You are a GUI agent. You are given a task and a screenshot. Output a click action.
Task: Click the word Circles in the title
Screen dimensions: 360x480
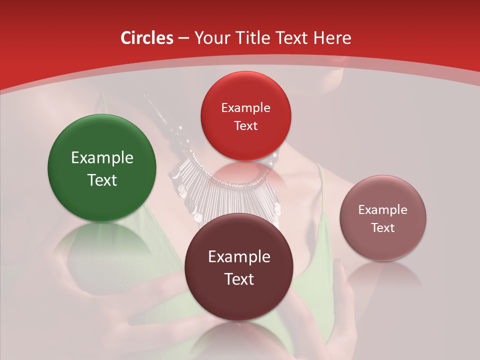[x=147, y=38]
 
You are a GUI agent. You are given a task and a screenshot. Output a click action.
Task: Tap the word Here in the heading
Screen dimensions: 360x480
[x=332, y=38]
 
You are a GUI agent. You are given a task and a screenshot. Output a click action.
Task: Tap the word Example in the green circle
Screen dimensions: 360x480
[x=102, y=158]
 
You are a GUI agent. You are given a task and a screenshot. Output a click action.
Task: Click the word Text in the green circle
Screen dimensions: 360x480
[x=102, y=180]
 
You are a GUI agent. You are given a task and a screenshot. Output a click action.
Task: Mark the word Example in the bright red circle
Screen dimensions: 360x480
[x=245, y=108]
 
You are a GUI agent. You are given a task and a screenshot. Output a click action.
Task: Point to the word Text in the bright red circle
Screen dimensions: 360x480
[x=245, y=125]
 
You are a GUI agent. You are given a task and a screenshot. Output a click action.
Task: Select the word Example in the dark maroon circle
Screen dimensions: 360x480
[x=239, y=257]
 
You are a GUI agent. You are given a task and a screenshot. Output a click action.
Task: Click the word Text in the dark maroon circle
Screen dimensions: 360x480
[x=239, y=279]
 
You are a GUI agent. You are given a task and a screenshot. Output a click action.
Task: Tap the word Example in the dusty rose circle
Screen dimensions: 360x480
[x=383, y=210]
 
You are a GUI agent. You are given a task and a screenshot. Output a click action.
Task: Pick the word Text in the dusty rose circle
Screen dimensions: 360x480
[x=383, y=227]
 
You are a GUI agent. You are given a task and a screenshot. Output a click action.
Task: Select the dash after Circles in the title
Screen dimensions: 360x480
[x=183, y=38]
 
